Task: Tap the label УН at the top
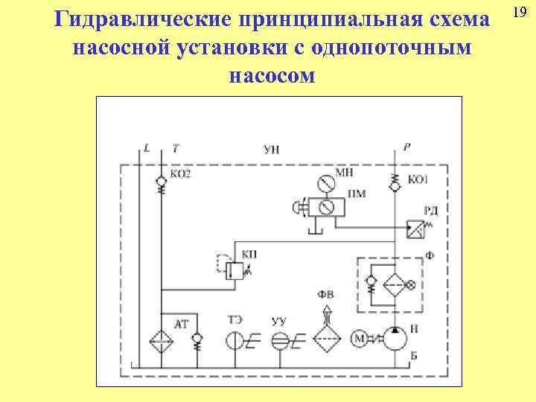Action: [x=272, y=149]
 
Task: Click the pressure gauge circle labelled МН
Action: [x=323, y=182]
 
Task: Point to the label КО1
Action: [x=418, y=179]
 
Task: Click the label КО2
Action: [x=181, y=174]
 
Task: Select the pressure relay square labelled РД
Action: [x=415, y=229]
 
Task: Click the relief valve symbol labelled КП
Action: [x=232, y=269]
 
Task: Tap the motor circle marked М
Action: [x=360, y=339]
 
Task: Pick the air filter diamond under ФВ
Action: [x=325, y=340]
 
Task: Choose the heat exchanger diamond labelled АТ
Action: [x=160, y=341]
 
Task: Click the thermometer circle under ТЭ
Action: [x=234, y=341]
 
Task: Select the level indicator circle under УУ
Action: [x=278, y=341]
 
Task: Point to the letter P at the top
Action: [x=407, y=147]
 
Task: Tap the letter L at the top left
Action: [x=147, y=147]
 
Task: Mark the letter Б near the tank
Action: [x=414, y=354]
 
